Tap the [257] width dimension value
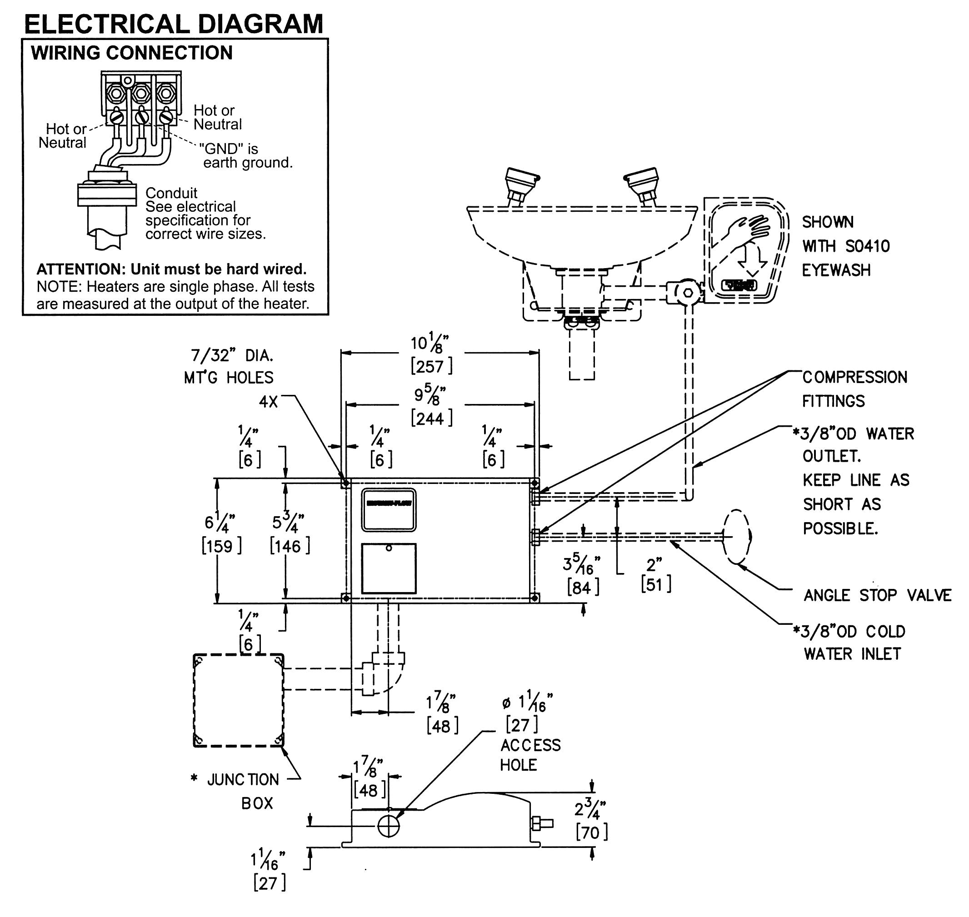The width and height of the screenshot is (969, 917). click(x=431, y=366)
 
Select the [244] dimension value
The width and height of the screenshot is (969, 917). click(x=431, y=419)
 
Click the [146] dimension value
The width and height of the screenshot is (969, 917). click(x=290, y=546)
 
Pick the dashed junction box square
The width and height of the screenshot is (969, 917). click(x=239, y=700)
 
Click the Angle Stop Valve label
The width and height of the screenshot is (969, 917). click(x=877, y=595)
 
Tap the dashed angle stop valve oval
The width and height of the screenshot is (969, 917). click(x=737, y=537)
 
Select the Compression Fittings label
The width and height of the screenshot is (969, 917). click(x=854, y=389)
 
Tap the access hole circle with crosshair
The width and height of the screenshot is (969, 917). click(x=388, y=827)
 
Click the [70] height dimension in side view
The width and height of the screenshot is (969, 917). click(x=592, y=832)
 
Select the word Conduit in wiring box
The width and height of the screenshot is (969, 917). click(x=171, y=193)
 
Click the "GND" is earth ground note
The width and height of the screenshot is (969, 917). click(x=246, y=155)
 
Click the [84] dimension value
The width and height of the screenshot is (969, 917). click(x=583, y=587)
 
